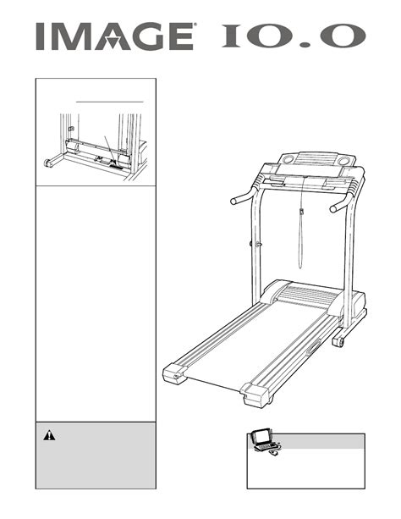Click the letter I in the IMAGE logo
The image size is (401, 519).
[x=40, y=36]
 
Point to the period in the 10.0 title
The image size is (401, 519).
[x=304, y=44]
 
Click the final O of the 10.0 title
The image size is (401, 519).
[x=342, y=36]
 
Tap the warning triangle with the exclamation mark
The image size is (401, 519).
[x=49, y=435]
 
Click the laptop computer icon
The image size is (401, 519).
[x=265, y=442]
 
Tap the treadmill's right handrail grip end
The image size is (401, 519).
[x=334, y=208]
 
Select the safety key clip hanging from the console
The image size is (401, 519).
[x=302, y=211]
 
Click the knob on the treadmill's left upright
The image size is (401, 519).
[x=255, y=245]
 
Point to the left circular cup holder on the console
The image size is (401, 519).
[x=288, y=159]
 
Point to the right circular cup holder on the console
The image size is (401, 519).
[x=343, y=161]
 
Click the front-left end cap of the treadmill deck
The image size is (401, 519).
[x=175, y=373]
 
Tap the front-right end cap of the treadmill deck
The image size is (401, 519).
[x=256, y=395]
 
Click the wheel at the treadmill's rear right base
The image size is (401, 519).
[x=338, y=342]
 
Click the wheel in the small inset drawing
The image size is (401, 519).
[x=47, y=163]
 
